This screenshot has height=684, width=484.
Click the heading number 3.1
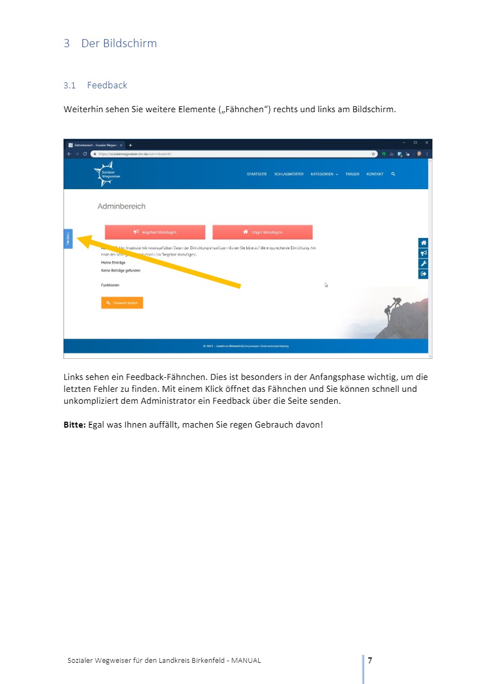point(69,85)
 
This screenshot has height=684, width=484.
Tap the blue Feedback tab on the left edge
point(68,239)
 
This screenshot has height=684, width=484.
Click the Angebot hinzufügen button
point(155,232)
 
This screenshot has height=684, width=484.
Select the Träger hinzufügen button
point(263,232)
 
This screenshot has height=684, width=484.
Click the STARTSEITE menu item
point(257,174)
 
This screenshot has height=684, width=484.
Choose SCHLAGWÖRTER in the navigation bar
point(289,174)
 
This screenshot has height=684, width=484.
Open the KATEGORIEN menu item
point(324,174)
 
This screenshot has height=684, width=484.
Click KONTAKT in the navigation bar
point(374,174)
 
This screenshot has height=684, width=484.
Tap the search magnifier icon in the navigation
point(393,174)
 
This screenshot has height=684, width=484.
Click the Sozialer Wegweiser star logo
point(107,174)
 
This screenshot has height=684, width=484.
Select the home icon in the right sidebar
point(424,243)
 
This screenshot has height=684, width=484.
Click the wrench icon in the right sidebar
point(424,263)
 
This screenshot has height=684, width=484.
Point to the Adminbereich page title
point(122,207)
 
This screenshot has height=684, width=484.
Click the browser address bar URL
point(136,154)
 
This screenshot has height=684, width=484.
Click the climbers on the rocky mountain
point(393,306)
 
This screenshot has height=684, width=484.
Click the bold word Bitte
point(74,424)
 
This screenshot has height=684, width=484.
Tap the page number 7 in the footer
point(370,660)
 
